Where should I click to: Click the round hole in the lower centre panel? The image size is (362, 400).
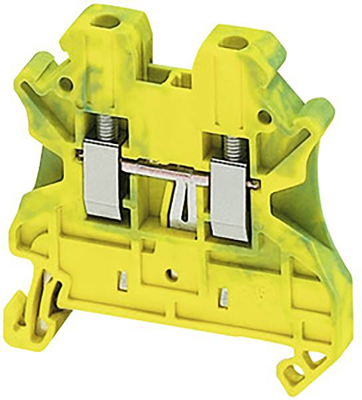(172, 273)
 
